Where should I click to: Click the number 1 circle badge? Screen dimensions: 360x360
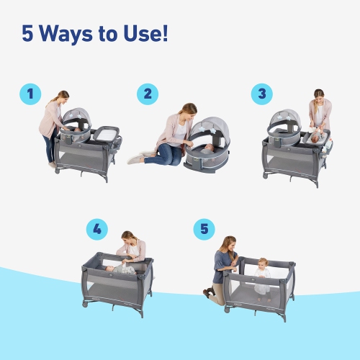(x=30, y=94)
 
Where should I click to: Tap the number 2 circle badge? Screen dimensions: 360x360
(x=148, y=94)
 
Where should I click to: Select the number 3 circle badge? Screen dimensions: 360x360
(x=262, y=94)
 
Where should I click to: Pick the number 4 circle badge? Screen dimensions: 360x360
(x=96, y=230)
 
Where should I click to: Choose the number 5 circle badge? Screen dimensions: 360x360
(x=204, y=230)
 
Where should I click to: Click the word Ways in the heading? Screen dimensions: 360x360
(x=76, y=34)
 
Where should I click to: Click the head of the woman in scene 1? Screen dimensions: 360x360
(x=63, y=96)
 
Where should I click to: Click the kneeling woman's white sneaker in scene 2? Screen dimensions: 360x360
(x=136, y=158)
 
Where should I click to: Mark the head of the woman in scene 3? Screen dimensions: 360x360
(x=318, y=96)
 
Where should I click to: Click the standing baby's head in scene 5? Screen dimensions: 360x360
(x=263, y=263)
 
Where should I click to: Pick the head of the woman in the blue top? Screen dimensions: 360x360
(x=230, y=243)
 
